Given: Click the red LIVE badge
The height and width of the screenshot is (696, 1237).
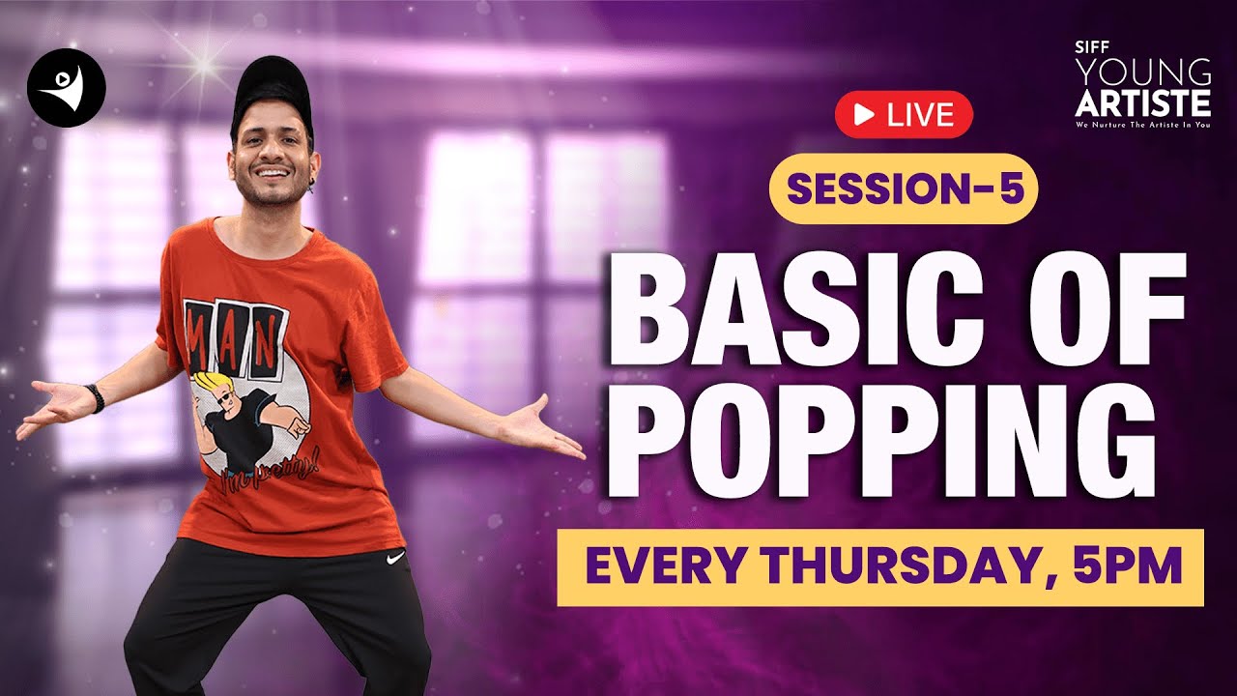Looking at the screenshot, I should click(904, 116).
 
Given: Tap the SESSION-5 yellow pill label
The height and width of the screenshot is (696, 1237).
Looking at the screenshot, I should click(903, 188).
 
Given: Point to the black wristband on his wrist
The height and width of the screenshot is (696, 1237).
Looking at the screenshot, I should click(94, 397).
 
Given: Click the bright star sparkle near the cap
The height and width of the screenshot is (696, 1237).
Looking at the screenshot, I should click(204, 64).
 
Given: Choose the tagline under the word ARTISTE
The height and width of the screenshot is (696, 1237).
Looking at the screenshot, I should click(1143, 125).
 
